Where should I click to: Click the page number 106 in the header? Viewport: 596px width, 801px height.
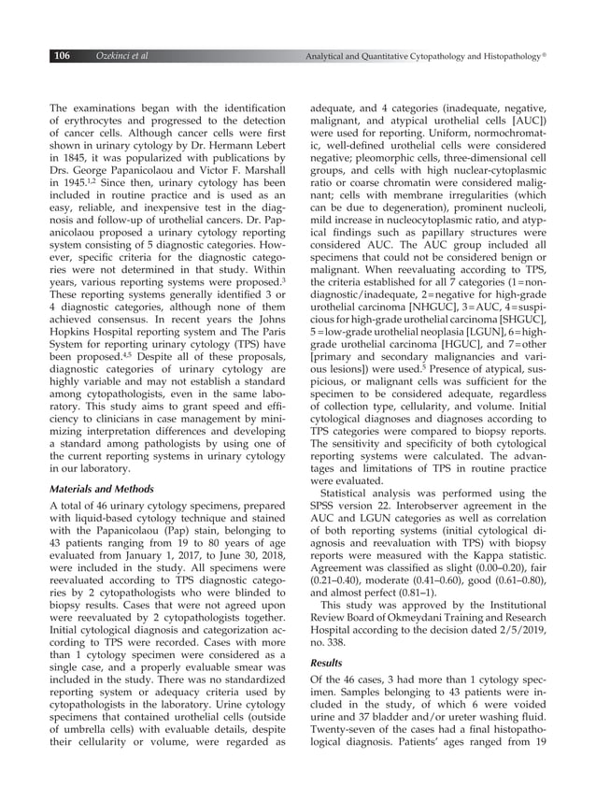point(62,57)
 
